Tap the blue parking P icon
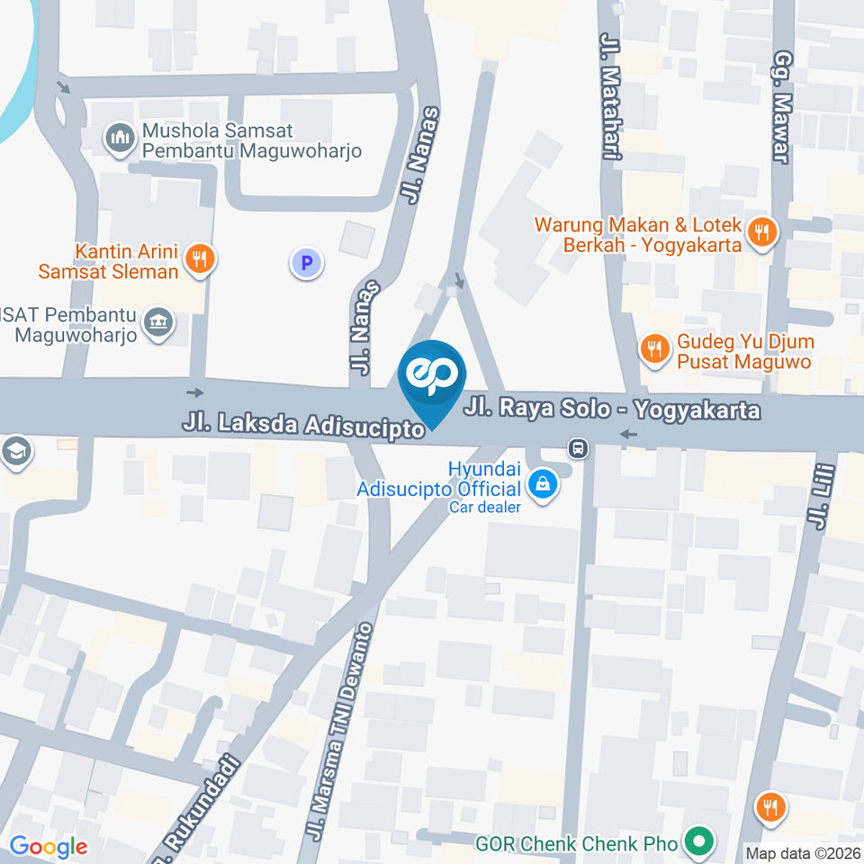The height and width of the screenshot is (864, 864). pos(306,264)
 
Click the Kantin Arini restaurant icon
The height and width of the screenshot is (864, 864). pos(198,259)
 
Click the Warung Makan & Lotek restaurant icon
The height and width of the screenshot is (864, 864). pos(761,233)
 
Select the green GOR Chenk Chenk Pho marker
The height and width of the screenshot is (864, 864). pos(696,842)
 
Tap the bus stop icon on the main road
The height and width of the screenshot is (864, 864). pos(578,447)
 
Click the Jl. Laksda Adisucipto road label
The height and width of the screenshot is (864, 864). pos(303,425)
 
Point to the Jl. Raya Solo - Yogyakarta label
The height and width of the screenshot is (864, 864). pos(612,410)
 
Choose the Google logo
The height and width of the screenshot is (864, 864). pos(48,847)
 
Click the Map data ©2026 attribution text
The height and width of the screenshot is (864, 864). pos(802,852)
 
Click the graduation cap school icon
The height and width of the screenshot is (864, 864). pos(15,453)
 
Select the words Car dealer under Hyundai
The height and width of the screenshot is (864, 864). pos(485,508)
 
